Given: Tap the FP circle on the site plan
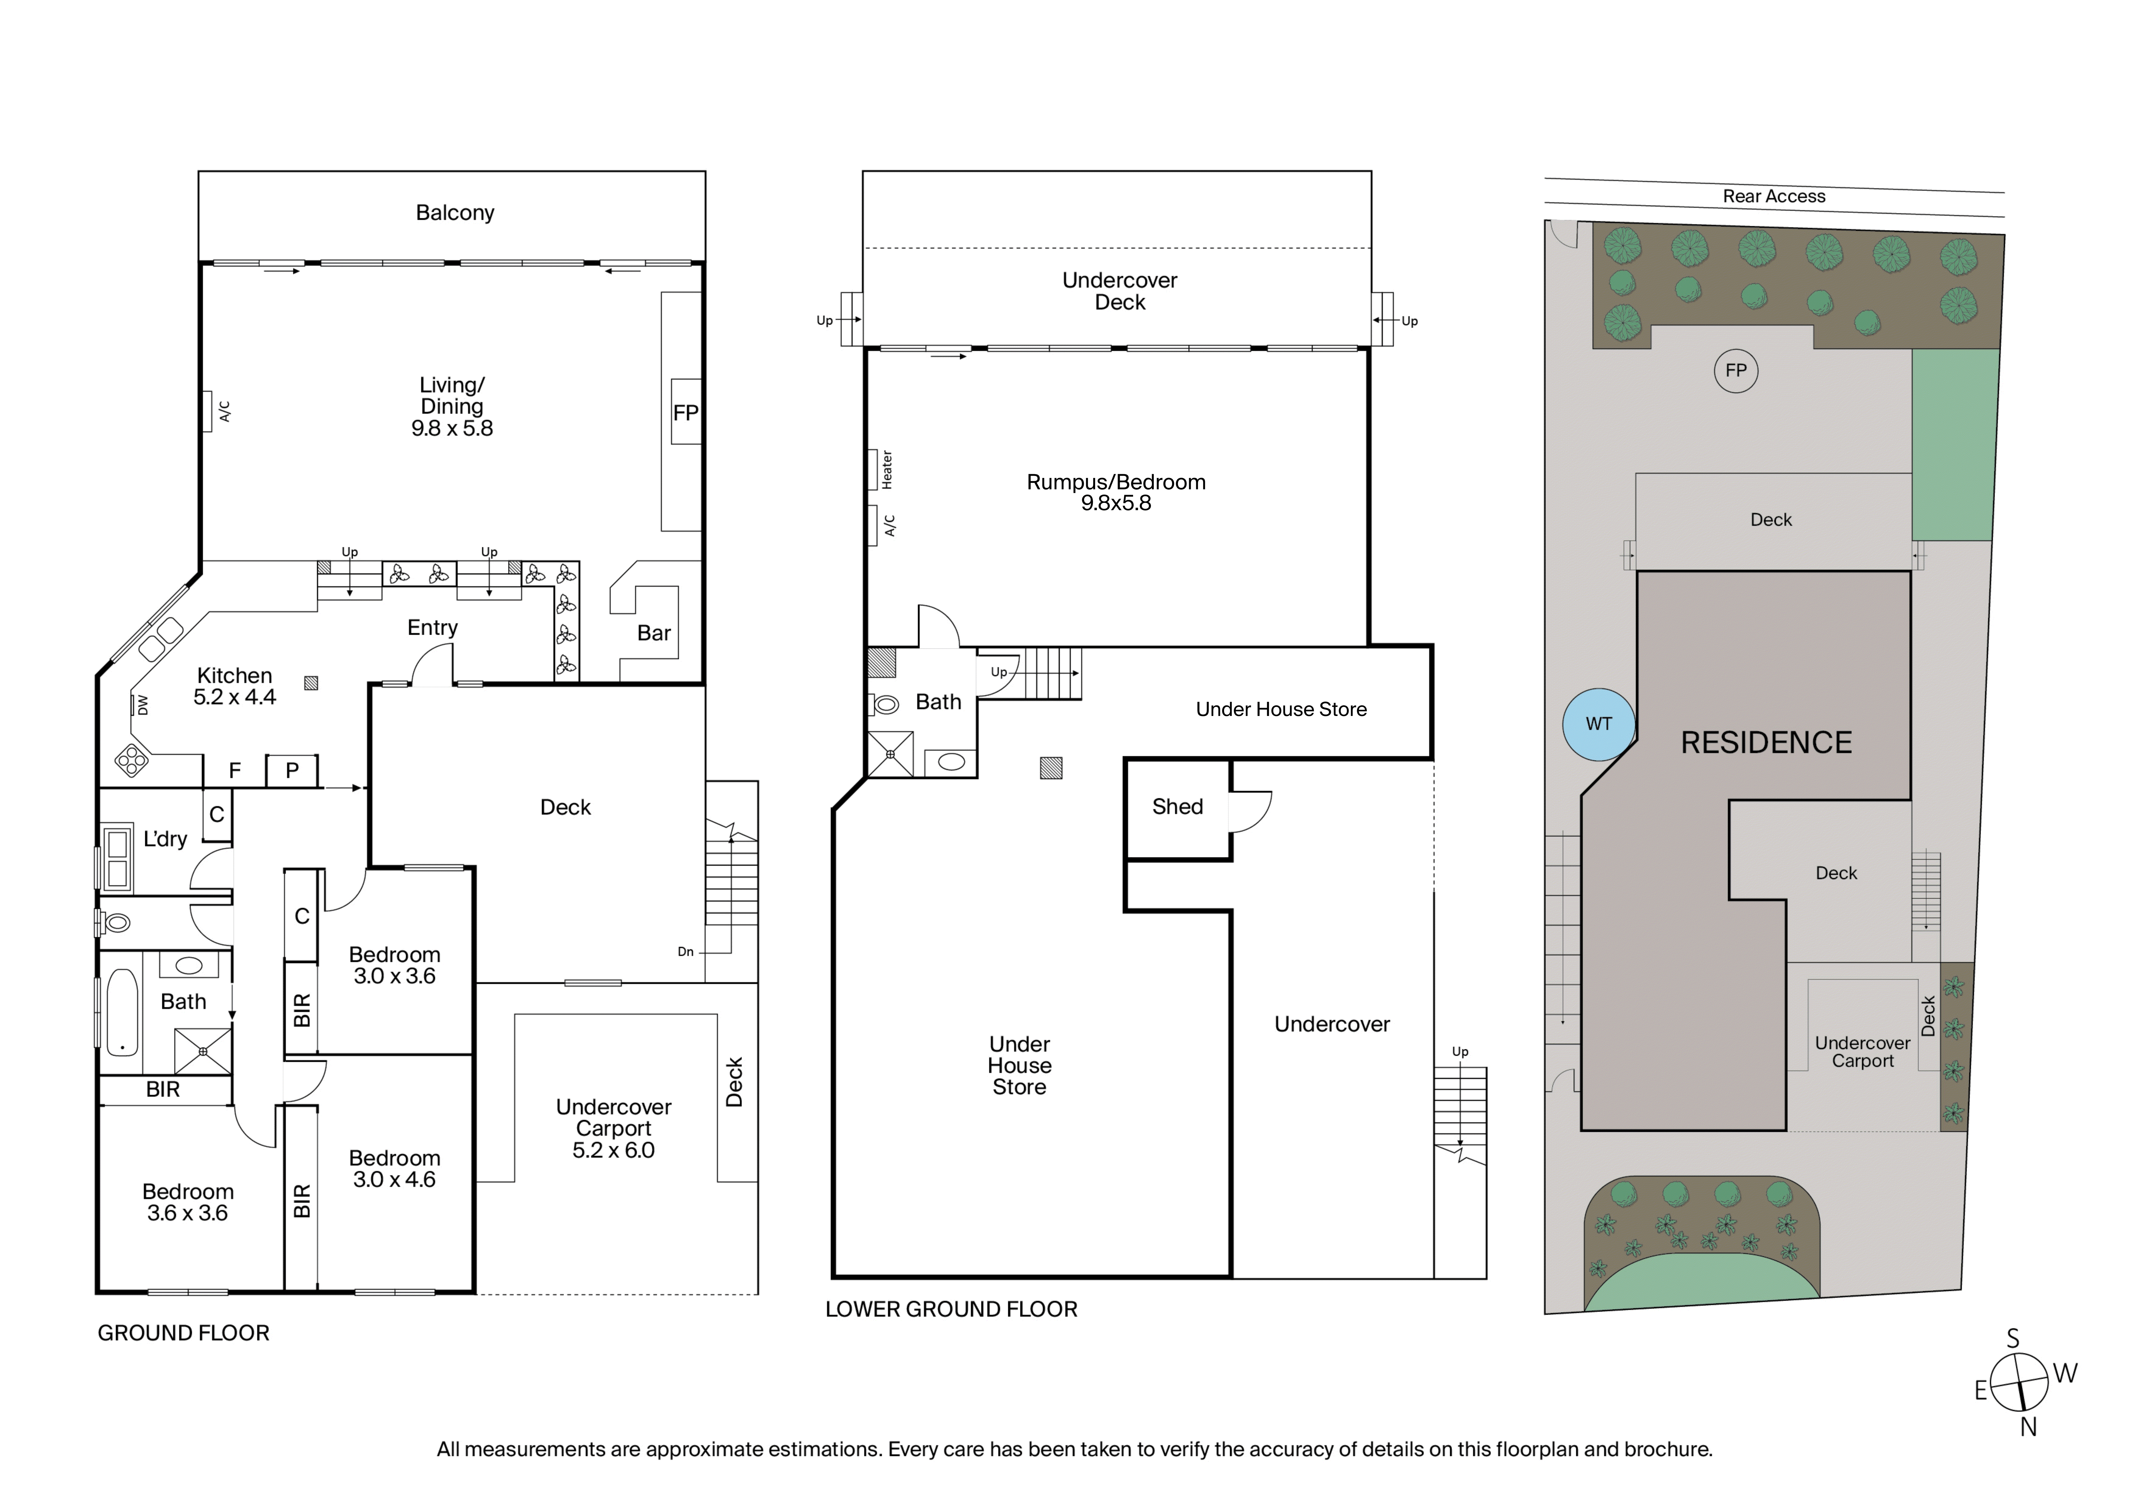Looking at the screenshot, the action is click(1736, 370).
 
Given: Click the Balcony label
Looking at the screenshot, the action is click(455, 213).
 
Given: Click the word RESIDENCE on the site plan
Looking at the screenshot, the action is click(1766, 743).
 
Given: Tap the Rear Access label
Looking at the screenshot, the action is click(1774, 196).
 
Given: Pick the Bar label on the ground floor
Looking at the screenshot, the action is click(654, 633).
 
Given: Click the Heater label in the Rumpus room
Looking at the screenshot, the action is click(887, 470).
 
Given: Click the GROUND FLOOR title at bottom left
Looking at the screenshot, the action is click(183, 1333).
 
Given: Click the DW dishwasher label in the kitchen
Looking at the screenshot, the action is click(142, 706).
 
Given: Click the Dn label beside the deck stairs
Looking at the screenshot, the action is click(685, 952).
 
